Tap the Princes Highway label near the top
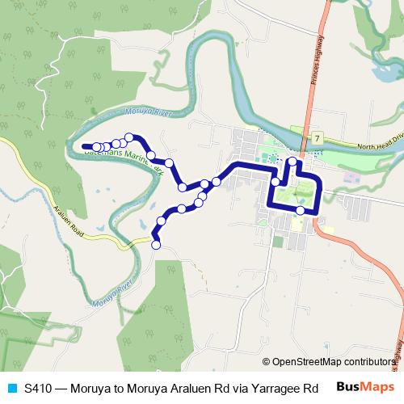318,57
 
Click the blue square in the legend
11,388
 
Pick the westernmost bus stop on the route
97,146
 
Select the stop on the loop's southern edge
301,210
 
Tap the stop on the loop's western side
276,182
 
